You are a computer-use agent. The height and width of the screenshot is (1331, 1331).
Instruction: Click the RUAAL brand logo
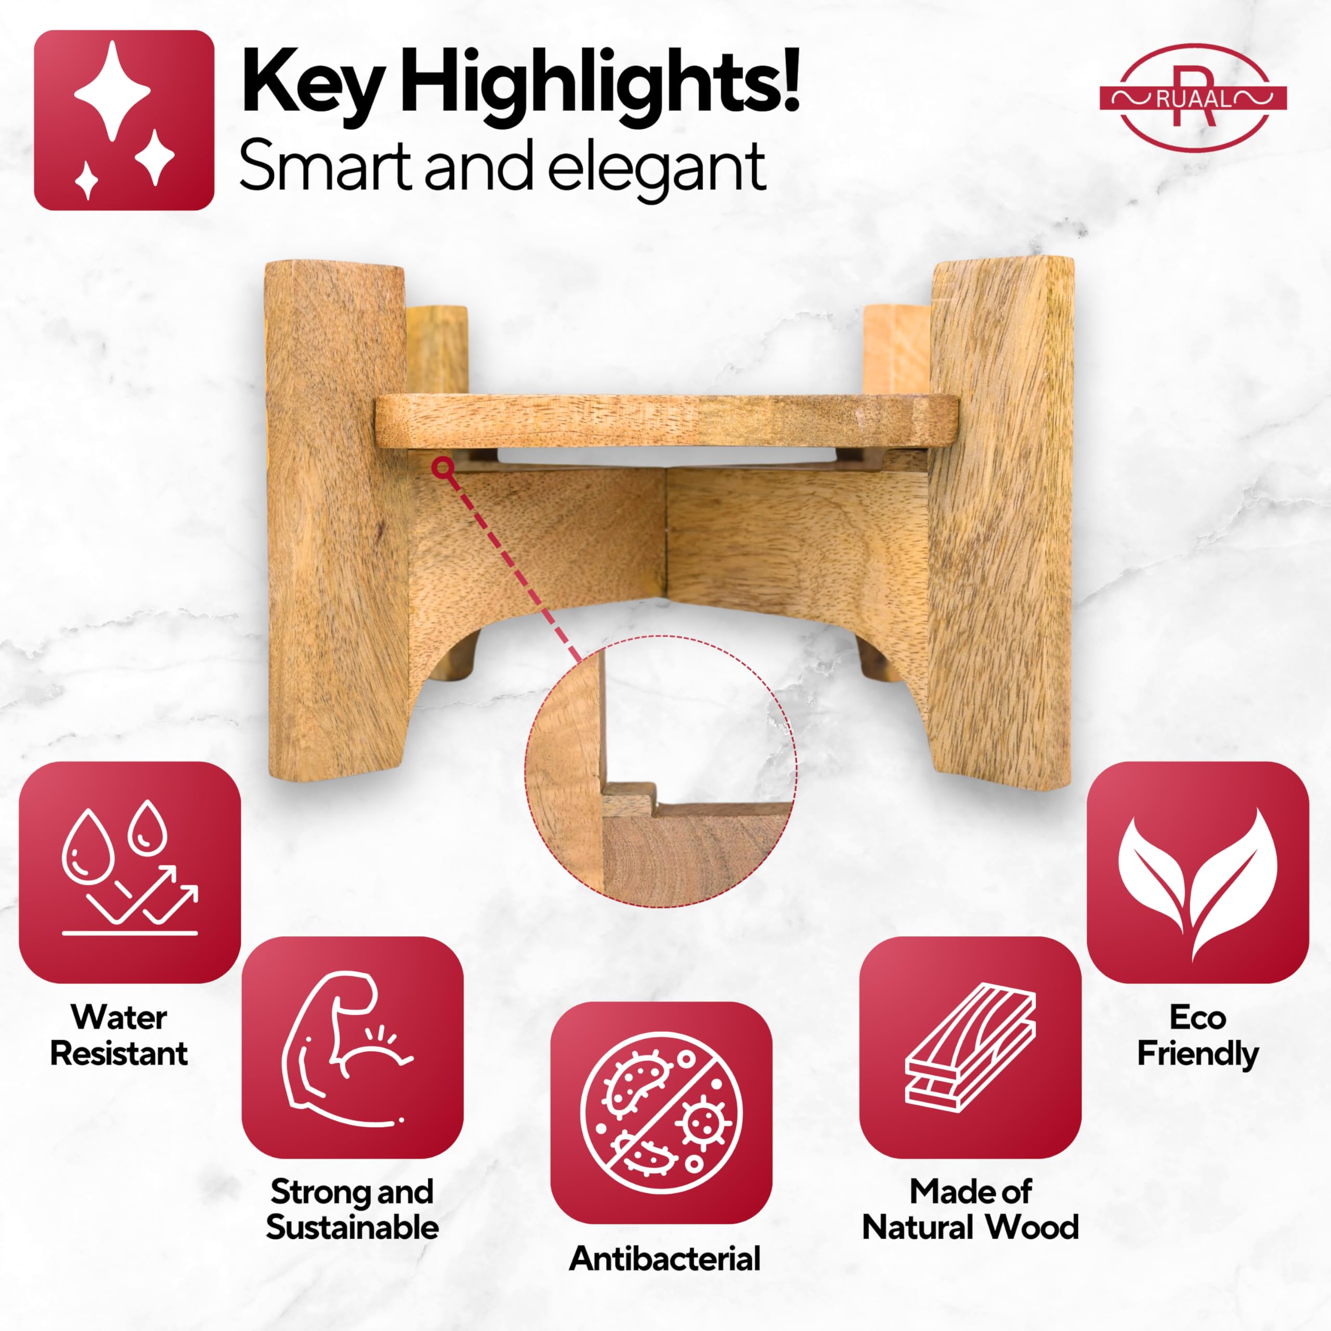tap(1193, 98)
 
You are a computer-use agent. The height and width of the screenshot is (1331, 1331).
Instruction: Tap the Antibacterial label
tap(665, 1259)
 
